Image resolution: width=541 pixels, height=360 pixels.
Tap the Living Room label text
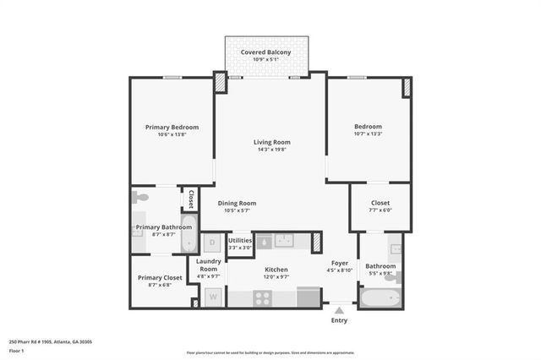coord(272,142)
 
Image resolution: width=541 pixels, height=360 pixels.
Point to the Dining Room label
coord(237,203)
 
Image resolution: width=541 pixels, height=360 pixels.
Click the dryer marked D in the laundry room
coord(212,243)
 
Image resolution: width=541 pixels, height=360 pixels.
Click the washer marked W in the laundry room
coord(212,297)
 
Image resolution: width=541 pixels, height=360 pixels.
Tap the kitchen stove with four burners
coord(263,297)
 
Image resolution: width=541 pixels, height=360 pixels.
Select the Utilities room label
coord(240,241)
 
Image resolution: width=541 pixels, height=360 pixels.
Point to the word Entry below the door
coord(339,320)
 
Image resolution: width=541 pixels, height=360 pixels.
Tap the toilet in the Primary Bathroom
coord(141,197)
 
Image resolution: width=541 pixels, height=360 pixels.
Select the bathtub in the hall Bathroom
coord(381,297)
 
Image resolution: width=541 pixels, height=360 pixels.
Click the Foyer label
coord(338,263)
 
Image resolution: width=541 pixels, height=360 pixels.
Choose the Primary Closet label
coord(160,277)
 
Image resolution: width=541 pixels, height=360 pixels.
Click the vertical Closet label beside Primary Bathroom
coord(191,199)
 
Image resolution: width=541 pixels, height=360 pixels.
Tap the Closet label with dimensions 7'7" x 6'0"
coord(380,203)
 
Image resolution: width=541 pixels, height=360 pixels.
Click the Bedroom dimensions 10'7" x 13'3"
coord(368,134)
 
